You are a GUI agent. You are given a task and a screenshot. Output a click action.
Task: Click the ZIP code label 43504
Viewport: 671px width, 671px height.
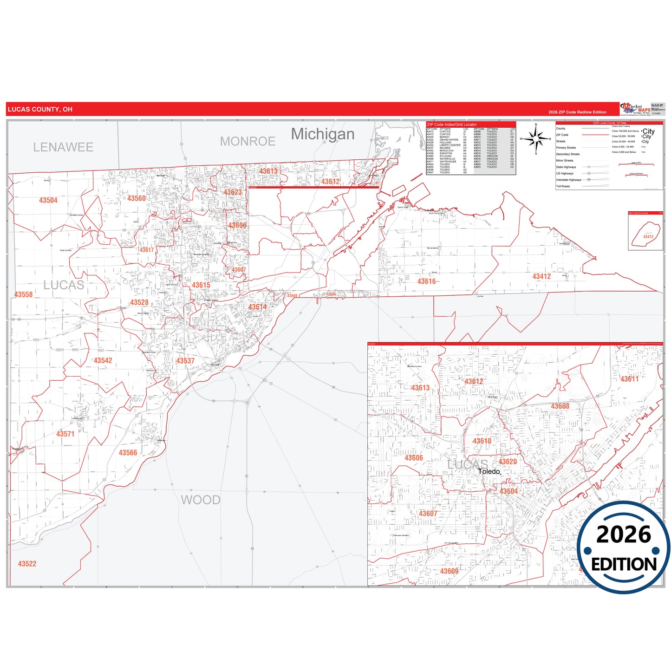48,201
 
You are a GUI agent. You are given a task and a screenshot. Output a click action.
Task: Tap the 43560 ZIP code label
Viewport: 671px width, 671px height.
137,198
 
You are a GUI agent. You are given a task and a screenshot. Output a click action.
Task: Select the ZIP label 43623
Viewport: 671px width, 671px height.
233,192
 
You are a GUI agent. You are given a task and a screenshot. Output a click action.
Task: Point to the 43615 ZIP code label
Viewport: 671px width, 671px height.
201,285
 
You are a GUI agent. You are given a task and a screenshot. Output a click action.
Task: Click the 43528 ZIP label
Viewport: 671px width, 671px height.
139,302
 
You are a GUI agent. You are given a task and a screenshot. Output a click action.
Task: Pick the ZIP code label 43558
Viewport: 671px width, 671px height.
24,294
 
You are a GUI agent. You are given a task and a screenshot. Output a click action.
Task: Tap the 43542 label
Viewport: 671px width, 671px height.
103,360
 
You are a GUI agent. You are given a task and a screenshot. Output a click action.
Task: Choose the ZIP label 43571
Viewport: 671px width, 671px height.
65,434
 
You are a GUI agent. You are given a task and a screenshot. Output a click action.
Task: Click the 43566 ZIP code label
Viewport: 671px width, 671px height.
128,453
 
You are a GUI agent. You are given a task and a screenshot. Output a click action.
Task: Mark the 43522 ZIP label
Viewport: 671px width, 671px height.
27,564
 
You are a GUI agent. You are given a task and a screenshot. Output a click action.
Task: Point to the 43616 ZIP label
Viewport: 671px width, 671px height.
426,281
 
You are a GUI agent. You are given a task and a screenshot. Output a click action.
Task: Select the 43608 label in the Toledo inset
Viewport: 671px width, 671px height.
560,406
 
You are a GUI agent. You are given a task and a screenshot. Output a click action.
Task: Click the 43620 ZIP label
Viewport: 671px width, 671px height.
508,462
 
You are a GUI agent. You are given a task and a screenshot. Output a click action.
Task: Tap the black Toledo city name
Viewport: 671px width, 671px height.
489,471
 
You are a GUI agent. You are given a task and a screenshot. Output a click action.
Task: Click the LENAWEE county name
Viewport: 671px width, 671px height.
63,147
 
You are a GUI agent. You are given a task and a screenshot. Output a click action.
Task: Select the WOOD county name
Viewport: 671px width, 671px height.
201,500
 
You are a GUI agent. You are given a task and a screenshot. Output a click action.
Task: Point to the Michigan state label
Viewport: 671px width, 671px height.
323,134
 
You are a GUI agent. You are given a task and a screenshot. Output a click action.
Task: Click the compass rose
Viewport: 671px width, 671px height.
536,139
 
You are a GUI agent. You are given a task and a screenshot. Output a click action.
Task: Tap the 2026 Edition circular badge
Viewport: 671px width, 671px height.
624,548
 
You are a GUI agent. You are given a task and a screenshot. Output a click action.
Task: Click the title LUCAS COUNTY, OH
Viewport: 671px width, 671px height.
40,110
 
